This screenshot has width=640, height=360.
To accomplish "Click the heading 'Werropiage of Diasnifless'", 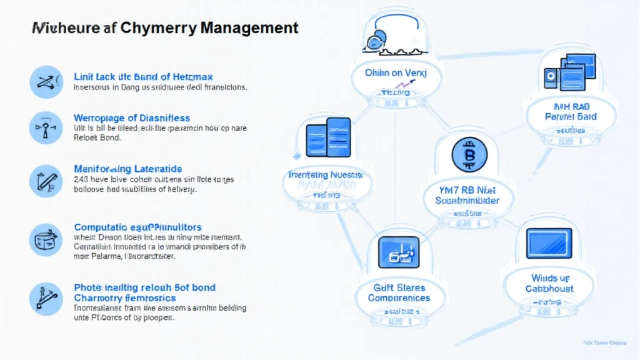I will [x=131, y=118].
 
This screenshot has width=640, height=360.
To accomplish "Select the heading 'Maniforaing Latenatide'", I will [x=127, y=169].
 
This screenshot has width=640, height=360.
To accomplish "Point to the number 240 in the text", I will [x=81, y=179].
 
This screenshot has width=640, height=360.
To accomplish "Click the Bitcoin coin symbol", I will [x=469, y=154].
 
